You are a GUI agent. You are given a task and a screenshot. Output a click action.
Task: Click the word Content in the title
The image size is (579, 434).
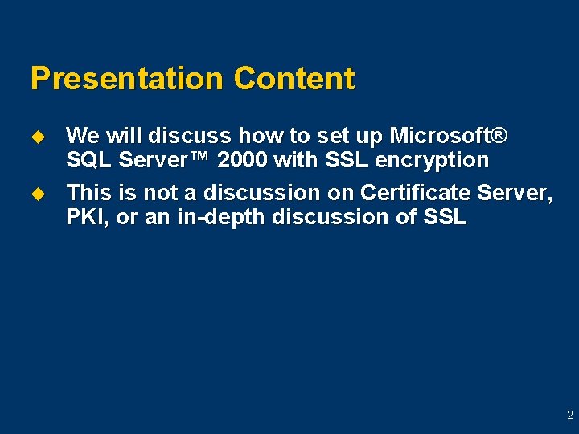click(294, 79)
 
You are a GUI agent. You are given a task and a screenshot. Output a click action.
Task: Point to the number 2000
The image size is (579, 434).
click(243, 160)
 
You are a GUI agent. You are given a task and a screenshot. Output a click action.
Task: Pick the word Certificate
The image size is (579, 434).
click(416, 193)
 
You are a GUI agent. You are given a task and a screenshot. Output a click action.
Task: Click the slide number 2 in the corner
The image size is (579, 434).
click(569, 416)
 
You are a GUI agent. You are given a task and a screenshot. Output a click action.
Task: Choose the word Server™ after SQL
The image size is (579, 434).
click(164, 160)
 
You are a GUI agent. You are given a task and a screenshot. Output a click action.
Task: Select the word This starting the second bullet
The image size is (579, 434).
click(90, 193)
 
